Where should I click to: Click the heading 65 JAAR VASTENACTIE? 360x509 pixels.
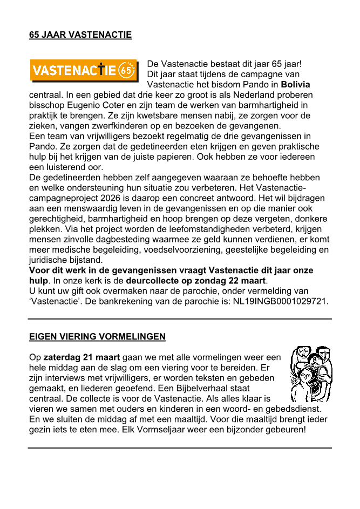click(80, 36)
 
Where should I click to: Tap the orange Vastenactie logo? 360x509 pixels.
click(83, 70)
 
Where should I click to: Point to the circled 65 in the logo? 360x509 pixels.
click(127, 70)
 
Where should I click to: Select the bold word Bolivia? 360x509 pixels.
click(295, 85)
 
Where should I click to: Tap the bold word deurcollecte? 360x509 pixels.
click(154, 280)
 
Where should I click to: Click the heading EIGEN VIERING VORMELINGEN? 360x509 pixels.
click(97, 337)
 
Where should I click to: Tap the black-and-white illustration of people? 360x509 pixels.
click(309, 374)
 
